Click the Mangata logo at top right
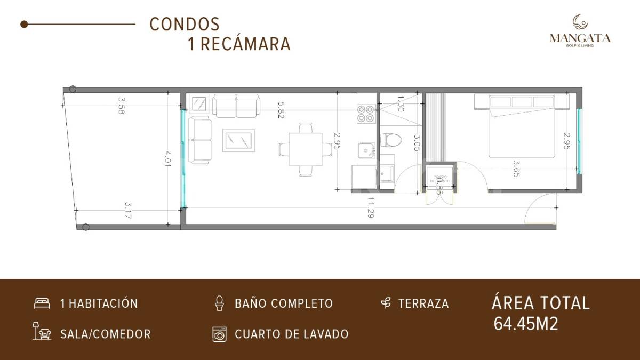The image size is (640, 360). pos(580,30)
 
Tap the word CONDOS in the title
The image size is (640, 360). pos(185,24)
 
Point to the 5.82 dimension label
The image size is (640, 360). pos(280,109)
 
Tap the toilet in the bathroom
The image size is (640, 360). pos(391,140)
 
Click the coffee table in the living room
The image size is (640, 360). pos(238,140)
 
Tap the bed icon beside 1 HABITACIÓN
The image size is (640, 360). pos(42,303)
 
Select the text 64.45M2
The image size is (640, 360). pos(526,324)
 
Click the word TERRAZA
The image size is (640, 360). pos(423,303)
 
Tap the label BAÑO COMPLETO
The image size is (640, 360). pos(284,303)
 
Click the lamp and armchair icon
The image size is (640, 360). pos(42,332)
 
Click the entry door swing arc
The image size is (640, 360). pos(540,212)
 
